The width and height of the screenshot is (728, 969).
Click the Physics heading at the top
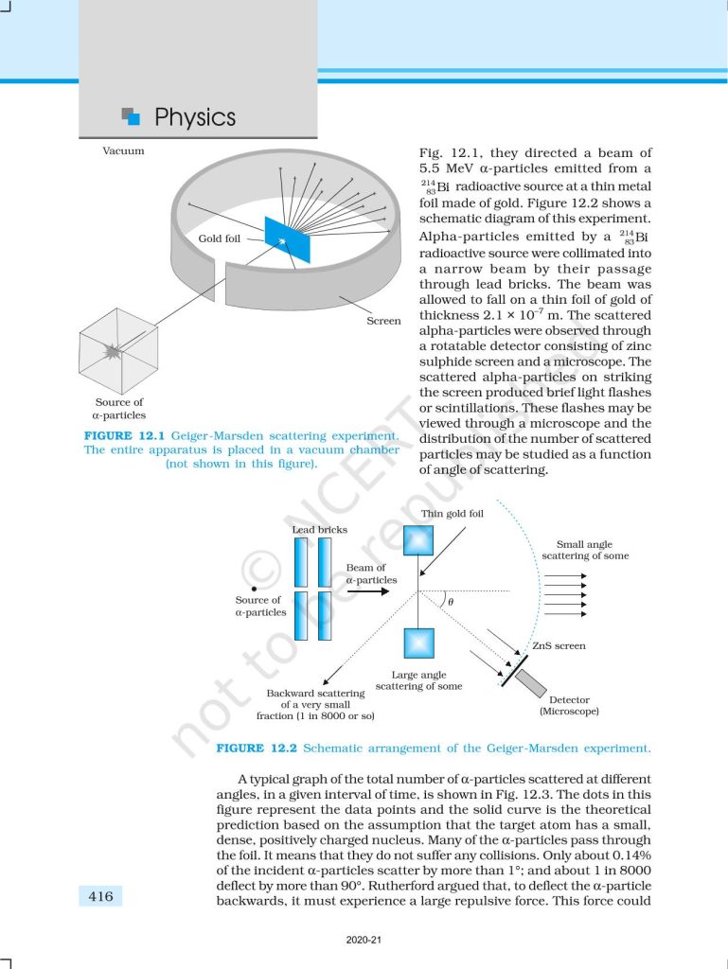point(194,117)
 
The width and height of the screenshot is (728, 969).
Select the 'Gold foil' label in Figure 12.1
point(219,239)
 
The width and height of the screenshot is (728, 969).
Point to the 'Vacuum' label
point(123,151)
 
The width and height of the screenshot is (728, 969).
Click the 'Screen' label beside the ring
point(383,321)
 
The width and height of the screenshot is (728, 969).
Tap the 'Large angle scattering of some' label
point(418,679)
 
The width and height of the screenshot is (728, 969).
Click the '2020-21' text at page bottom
point(364,942)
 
